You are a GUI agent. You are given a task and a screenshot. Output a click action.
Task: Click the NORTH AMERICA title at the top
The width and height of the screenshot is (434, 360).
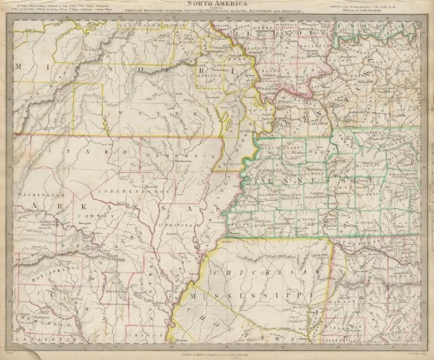[x=217, y=5]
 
